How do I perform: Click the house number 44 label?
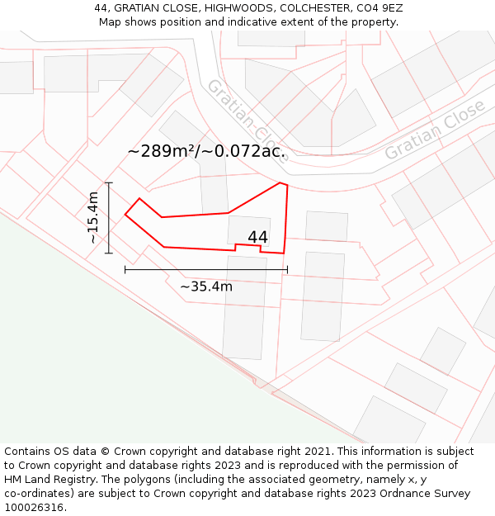[257, 237]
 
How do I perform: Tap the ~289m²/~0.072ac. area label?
[206, 151]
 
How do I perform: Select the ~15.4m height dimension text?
[93, 217]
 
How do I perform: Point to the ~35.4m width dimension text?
[206, 286]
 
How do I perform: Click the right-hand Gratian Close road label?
[434, 130]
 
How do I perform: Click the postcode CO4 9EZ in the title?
[376, 8]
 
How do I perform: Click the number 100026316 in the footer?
[34, 507]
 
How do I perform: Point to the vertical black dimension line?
[109, 217]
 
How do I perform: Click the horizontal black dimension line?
[206, 269]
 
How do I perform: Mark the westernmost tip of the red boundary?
[125, 215]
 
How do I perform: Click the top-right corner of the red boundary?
[286, 185]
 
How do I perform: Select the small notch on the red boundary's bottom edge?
[247, 246]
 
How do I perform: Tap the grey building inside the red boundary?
[247, 230]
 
